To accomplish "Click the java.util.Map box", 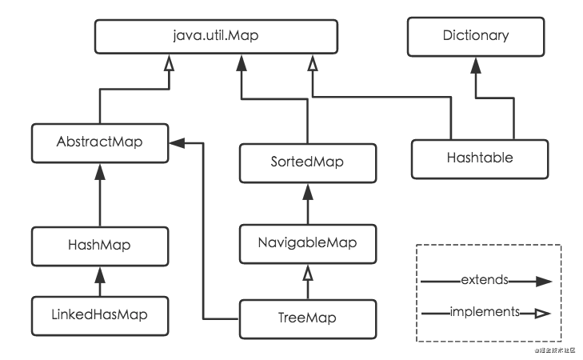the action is pos(216,37).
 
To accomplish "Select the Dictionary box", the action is pos(476,37).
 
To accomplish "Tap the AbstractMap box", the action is pos(100,143).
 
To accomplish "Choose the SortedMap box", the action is pos(308,163).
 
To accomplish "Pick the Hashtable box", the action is pos(480,159).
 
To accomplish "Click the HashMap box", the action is pos(100,246).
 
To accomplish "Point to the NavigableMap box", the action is pos(308,244).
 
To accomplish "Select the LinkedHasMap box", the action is pos(100,316).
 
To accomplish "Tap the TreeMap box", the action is pos(308,319).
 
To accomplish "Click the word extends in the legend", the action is pos(485,280).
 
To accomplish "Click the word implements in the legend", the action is pos(485,312).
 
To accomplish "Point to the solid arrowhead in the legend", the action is pos(544,282).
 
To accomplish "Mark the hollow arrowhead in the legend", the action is pos(543,314).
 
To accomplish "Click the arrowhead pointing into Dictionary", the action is pos(476,66).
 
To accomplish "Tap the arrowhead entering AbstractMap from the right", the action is pos(177,143).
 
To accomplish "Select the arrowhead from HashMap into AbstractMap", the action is pos(100,172).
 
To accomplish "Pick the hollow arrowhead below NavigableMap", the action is pos(308,273).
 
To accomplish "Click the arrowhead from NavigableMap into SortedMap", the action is pos(308,191).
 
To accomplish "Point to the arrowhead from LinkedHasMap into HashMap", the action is pos(100,275).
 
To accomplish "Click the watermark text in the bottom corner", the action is pos(555,350).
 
